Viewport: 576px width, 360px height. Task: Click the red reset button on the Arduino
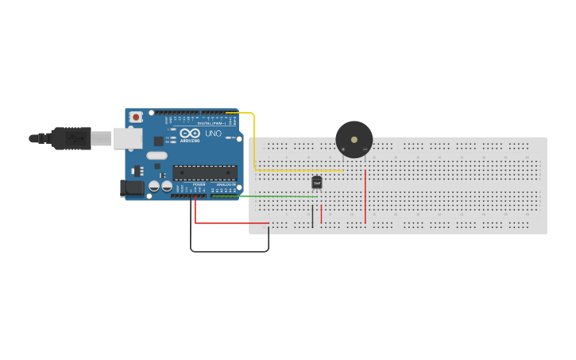(136, 117)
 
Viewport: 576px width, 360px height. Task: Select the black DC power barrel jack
(130, 188)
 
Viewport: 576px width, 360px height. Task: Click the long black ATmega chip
(205, 172)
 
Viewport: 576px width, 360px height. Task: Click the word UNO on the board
(214, 134)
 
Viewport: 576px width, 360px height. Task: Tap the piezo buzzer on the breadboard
(354, 140)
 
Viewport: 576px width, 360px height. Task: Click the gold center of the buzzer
(354, 140)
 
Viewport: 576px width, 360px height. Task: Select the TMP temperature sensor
(317, 182)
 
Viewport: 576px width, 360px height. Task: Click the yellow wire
(254, 143)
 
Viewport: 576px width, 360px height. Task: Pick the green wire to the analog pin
(270, 196)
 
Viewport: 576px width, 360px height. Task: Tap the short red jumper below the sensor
(322, 214)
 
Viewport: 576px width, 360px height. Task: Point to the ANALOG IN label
(225, 186)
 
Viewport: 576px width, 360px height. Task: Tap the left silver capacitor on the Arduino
(153, 187)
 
